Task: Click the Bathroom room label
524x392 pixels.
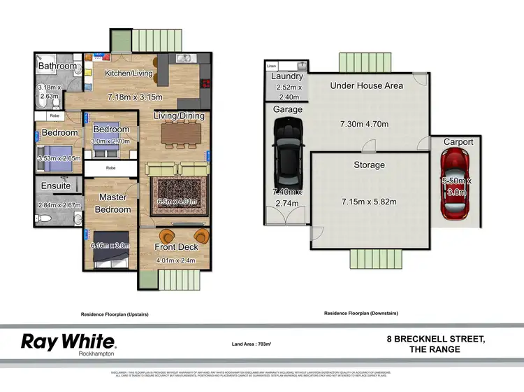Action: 57,66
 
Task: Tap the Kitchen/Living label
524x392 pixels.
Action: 129,73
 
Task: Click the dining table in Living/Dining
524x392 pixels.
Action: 181,133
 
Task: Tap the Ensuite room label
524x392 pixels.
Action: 56,186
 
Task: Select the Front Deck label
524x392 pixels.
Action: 175,247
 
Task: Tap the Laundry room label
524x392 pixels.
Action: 286,76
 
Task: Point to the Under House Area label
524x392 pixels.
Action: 366,85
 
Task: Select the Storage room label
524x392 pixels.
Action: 368,165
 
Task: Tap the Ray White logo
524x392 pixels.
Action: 68,343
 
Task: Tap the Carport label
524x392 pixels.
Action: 458,142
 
